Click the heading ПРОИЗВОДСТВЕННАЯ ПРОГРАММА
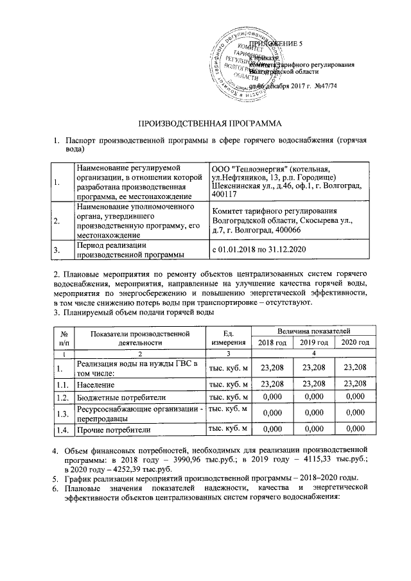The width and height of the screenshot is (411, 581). (206, 122)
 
